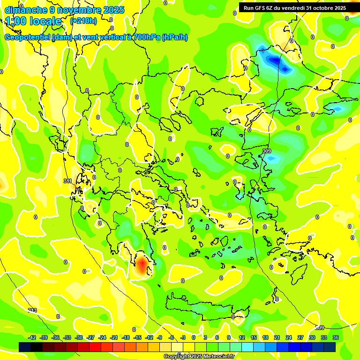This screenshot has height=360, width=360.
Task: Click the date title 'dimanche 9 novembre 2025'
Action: tap(64, 10)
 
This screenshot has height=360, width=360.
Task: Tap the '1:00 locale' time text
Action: tap(33, 21)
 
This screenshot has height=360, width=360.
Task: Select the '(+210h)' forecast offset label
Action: tap(83, 21)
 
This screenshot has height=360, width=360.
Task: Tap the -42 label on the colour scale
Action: tap(32, 337)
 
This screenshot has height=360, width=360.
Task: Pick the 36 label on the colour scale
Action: tap(335, 337)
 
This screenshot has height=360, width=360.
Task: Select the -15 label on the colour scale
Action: tap(137, 337)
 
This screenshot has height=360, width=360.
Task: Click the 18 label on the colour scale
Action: tap(265, 337)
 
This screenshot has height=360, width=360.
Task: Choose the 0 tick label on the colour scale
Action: tap(194, 337)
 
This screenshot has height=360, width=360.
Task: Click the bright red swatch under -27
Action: tap(95, 347)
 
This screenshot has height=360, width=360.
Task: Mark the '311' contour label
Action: tap(67, 181)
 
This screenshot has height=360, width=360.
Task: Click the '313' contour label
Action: tap(32, 311)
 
